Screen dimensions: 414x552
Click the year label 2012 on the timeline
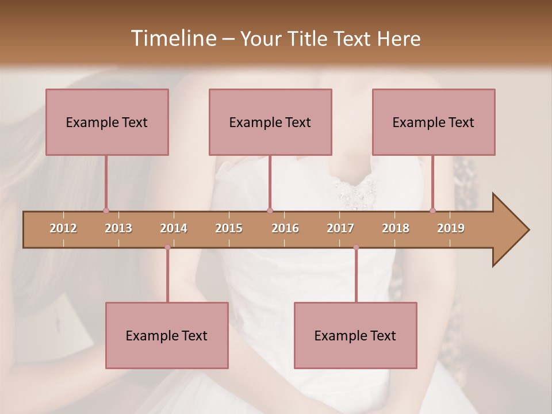tap(63, 228)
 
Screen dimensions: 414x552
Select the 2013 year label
tap(118, 228)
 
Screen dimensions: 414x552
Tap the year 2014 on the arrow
tap(174, 228)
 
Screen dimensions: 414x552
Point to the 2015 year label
tap(229, 228)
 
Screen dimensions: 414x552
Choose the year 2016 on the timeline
tap(285, 228)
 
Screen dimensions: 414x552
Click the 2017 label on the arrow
tap(340, 228)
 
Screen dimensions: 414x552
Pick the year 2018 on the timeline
tap(396, 228)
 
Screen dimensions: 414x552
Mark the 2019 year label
tap(451, 228)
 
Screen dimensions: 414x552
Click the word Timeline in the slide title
tap(172, 39)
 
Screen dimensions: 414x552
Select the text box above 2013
tap(107, 122)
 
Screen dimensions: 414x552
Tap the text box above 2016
tap(270, 122)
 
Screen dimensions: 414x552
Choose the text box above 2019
tap(434, 122)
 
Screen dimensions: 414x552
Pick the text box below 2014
tap(167, 335)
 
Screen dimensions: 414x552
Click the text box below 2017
tap(355, 335)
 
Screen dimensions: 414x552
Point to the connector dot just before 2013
tap(106, 210)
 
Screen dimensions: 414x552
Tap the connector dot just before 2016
tap(270, 210)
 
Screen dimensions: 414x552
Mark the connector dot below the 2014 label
tap(167, 247)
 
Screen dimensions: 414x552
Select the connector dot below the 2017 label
tap(356, 247)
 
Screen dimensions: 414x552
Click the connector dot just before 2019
tap(433, 210)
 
